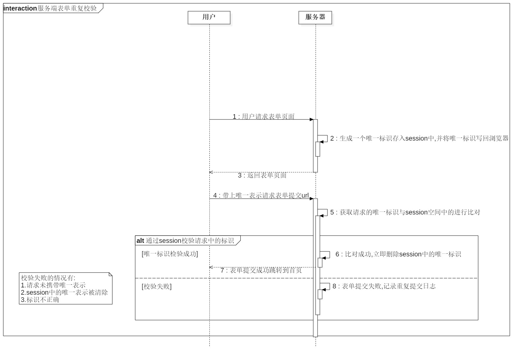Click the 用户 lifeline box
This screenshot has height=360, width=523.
[x=209, y=17]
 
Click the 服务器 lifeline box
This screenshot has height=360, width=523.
[x=315, y=17]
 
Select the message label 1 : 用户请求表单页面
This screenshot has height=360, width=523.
[x=263, y=116]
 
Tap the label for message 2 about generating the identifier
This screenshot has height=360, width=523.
[x=419, y=139]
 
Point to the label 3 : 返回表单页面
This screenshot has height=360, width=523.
[x=262, y=176]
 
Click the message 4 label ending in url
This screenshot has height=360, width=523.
[x=261, y=195]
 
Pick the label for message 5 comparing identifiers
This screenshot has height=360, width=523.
[x=405, y=213]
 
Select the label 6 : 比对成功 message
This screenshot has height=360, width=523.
[x=398, y=254]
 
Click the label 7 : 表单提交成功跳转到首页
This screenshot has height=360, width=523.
[x=261, y=271]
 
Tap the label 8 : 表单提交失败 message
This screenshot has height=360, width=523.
[x=384, y=286]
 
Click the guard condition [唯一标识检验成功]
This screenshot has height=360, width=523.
[x=170, y=254]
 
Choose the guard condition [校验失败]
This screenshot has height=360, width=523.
[x=157, y=286]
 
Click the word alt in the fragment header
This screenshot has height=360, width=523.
[x=140, y=241]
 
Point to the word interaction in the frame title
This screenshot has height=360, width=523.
[x=20, y=9]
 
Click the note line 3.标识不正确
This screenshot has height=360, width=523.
[x=40, y=300]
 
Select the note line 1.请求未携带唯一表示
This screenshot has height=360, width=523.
[x=53, y=285]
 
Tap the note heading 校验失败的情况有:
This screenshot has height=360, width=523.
[x=48, y=278]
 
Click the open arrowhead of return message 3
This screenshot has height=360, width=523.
[x=211, y=172]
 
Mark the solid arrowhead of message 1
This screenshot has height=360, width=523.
[x=311, y=119]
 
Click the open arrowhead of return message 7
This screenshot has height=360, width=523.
[x=211, y=267]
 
